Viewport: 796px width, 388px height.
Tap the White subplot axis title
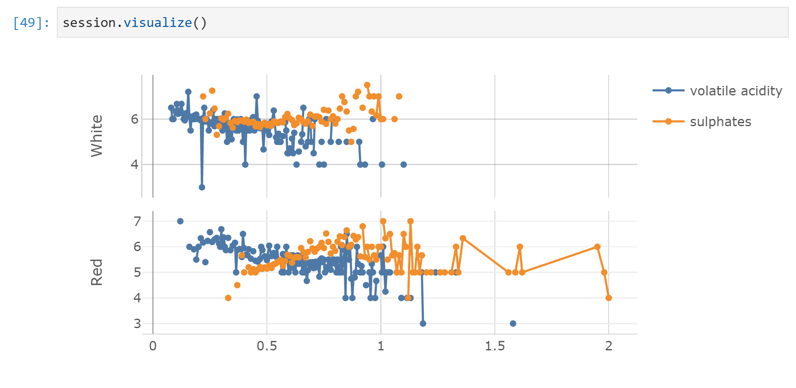[97, 136]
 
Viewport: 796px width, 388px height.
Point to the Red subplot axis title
[97, 272]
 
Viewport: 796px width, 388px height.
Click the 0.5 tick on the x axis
[267, 346]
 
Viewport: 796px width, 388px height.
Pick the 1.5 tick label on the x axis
[495, 346]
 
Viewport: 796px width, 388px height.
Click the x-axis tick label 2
[609, 346]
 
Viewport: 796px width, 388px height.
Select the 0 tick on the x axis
[153, 346]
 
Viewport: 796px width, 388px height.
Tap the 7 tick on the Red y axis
[137, 221]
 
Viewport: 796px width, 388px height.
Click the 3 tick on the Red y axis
[137, 323]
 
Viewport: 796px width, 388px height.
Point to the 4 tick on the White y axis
[135, 165]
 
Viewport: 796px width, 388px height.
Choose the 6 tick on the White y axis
[135, 119]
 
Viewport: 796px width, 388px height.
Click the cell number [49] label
[31, 23]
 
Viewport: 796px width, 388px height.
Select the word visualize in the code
[157, 23]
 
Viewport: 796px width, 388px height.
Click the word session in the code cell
[89, 23]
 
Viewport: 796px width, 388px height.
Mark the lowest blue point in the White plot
[202, 187]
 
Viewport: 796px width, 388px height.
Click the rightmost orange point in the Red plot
[609, 298]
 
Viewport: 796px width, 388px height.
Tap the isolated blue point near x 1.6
[513, 323]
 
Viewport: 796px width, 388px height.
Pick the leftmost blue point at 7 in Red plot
[180, 221]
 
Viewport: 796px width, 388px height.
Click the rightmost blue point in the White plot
[403, 165]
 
